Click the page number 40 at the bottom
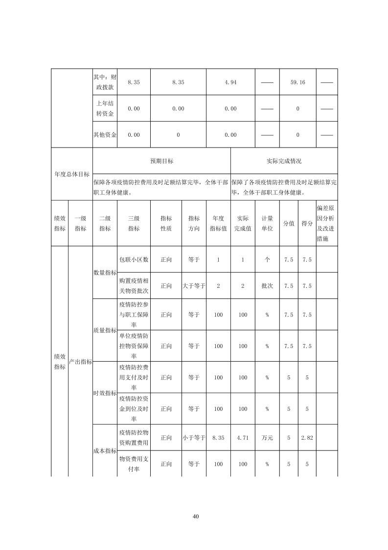pos(196,516)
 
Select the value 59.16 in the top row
pos(297,82)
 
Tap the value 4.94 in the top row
pos(230,82)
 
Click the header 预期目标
pos(161,161)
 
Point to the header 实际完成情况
pos(284,161)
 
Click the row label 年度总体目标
pos(72,174)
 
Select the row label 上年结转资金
pos(105,108)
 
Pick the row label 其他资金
pos(105,135)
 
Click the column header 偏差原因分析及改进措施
pos(326,224)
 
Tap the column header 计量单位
pos(267,224)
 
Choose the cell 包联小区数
pos(134,259)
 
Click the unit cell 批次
pos(267,286)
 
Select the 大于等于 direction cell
pos(194,286)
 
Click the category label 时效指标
pos(105,393)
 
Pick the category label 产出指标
pos(80,362)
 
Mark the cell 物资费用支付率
pos(134,464)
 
